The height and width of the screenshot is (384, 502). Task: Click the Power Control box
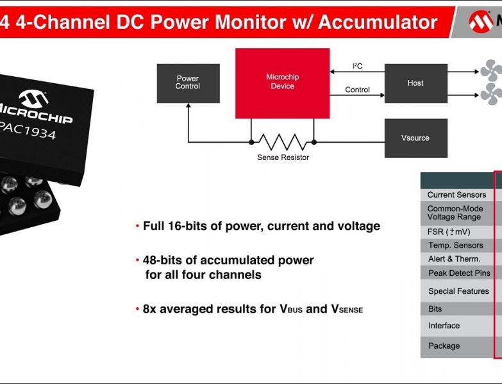[x=188, y=83]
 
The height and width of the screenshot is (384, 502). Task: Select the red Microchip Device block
[x=282, y=83]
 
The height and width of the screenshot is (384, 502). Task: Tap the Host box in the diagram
[x=415, y=83]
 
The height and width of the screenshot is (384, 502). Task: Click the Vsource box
[x=415, y=138]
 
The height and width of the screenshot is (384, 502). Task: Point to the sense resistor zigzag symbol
[x=282, y=141]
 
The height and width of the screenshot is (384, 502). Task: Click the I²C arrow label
[x=357, y=67]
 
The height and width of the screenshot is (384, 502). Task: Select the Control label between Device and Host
[x=357, y=90]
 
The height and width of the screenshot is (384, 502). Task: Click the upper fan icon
[x=492, y=70]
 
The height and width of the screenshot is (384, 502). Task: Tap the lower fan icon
[x=492, y=94]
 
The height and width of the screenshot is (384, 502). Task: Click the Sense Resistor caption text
[x=283, y=157]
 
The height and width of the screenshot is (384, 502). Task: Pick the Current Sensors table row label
[x=456, y=195]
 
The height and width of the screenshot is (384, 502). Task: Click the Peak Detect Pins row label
[x=459, y=273]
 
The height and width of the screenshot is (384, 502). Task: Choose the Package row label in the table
[x=444, y=346]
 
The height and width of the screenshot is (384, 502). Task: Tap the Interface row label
[x=444, y=326]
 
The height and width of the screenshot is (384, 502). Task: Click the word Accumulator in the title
[x=378, y=22]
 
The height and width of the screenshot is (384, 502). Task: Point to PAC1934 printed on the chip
[x=29, y=135]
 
